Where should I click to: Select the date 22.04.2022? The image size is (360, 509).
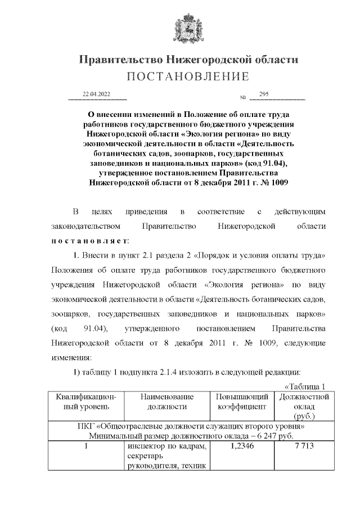tap(96, 94)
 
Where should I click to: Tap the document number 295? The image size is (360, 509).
tap(264, 94)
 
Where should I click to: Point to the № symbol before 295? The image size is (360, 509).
tap(243, 97)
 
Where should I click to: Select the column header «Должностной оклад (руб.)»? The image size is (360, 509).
tap(303, 406)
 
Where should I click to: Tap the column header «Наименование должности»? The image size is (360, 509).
tap(164, 402)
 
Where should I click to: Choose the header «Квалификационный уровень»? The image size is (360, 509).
tap(85, 402)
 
